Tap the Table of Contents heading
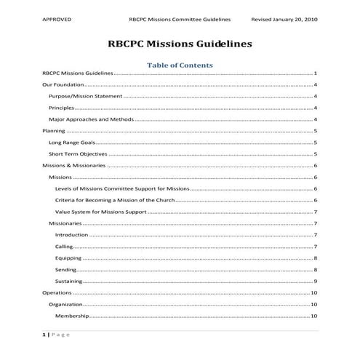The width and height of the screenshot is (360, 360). (180, 65)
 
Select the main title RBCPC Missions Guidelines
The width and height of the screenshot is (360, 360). (180, 44)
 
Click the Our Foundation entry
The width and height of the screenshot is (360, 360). (60, 85)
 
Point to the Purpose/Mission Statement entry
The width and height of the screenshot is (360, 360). (84, 96)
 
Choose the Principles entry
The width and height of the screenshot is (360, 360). (61, 108)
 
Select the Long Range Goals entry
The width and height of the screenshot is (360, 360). (72, 143)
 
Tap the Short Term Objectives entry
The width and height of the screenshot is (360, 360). (78, 154)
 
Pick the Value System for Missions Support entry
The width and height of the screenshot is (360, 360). (100, 212)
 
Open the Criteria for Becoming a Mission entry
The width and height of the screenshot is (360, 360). (115, 200)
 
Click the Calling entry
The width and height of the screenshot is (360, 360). (64, 247)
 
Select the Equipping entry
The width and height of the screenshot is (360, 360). (68, 258)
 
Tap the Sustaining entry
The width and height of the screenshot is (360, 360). (69, 281)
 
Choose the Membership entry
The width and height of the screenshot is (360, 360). (72, 316)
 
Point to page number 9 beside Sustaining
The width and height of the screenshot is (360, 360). (315, 281)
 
